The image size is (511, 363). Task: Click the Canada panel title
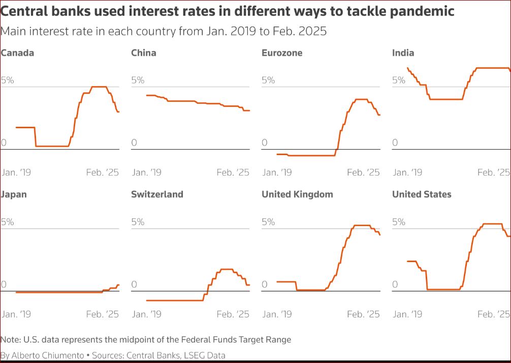pyautogui.click(x=17, y=53)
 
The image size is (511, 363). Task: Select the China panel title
pyautogui.click(x=144, y=53)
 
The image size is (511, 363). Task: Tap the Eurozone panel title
pyautogui.click(x=281, y=53)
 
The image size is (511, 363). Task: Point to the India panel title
pyautogui.click(x=403, y=53)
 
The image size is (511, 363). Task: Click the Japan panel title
pyautogui.click(x=14, y=194)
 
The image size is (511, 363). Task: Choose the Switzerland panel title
pyautogui.click(x=157, y=194)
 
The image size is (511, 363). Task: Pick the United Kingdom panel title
pyautogui.click(x=297, y=194)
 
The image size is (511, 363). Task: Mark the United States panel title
pyautogui.click(x=422, y=194)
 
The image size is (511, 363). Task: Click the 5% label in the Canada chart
pyautogui.click(x=8, y=80)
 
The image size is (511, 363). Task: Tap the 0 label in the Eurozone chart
pyautogui.click(x=265, y=142)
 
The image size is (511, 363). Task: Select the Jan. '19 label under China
pyautogui.click(x=146, y=172)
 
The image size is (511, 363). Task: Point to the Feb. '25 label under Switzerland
pyautogui.click(x=233, y=314)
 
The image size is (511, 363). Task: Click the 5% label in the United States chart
pyautogui.click(x=399, y=222)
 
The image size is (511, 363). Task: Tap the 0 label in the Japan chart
pyautogui.click(x=4, y=284)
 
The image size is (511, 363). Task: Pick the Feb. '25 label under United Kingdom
pyautogui.click(x=364, y=314)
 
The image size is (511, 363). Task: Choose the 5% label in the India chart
pyautogui.click(x=399, y=80)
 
